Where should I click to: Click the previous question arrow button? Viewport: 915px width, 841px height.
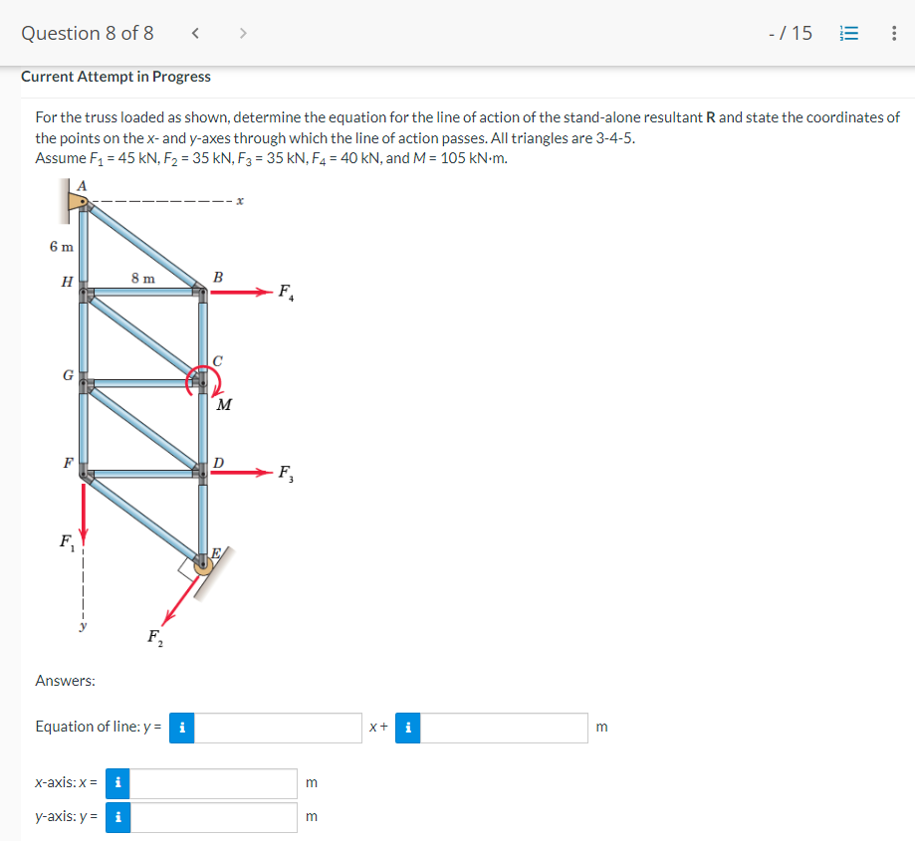[x=196, y=33]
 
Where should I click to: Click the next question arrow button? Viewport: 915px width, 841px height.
[x=241, y=33]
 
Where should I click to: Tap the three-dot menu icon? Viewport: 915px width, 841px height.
[x=893, y=33]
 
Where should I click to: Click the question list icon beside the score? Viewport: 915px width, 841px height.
[x=849, y=33]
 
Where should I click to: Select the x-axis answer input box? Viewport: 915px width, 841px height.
[x=212, y=783]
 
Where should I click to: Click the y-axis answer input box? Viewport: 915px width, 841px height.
[x=212, y=817]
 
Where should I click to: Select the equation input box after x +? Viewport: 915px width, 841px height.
[x=504, y=728]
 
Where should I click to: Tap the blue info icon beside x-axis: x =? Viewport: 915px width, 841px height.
[x=117, y=783]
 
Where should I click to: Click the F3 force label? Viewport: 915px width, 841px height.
[x=286, y=473]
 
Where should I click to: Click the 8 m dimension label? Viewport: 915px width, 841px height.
[x=142, y=279]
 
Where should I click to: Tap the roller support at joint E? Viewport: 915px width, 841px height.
[x=205, y=565]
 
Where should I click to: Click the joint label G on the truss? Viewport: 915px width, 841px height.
[x=67, y=375]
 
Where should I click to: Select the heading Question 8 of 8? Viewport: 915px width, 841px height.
[x=88, y=33]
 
